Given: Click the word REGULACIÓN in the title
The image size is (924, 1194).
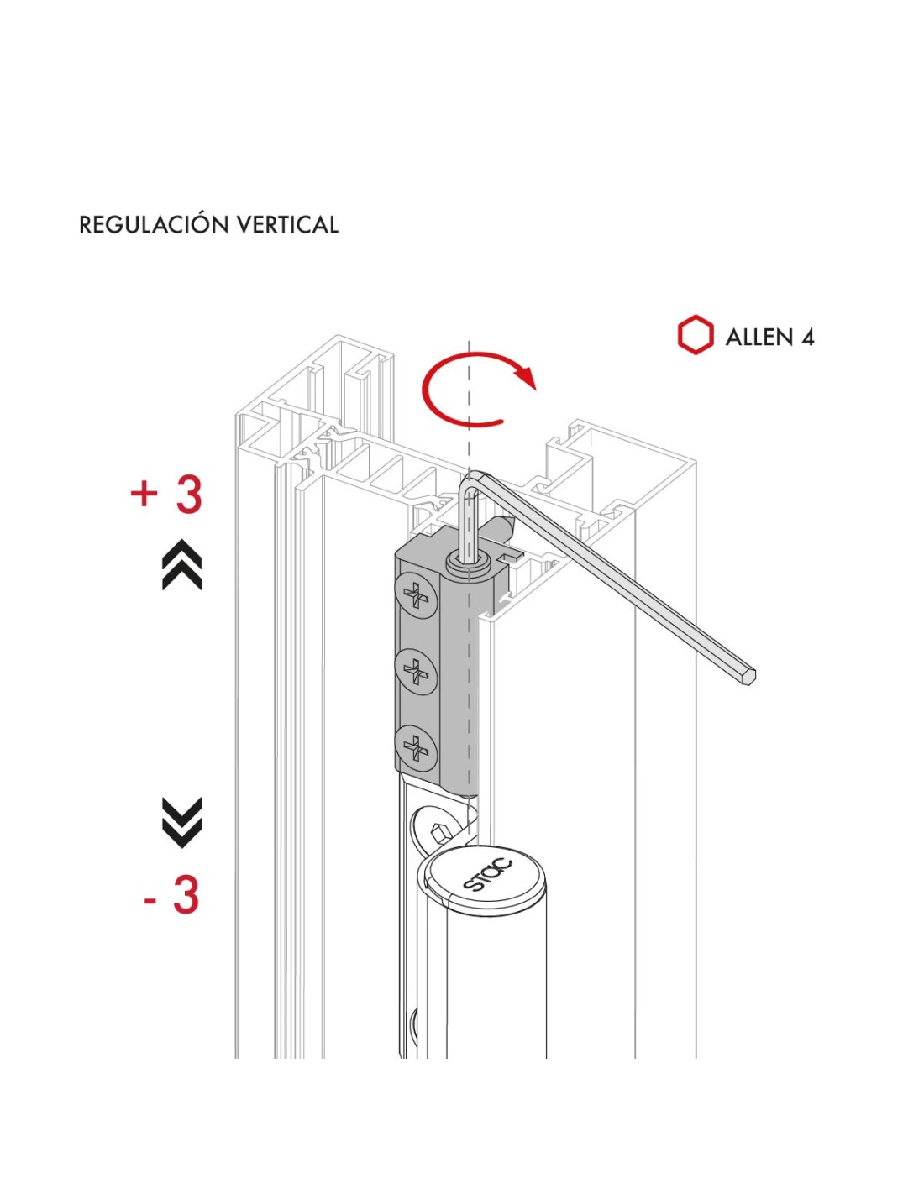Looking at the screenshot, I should click(x=154, y=225).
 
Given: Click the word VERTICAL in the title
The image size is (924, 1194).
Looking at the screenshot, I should click(x=287, y=225).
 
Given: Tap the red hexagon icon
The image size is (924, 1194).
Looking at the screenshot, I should click(x=696, y=336).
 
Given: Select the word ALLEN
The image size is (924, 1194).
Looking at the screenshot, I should click(x=759, y=338).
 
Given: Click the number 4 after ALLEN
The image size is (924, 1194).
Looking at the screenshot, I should click(x=807, y=338).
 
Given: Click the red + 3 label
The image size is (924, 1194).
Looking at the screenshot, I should click(x=167, y=494).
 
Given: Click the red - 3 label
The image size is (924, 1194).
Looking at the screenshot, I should click(x=172, y=895).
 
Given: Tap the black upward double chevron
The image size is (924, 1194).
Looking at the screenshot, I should click(x=182, y=564).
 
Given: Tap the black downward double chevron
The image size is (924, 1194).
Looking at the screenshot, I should click(x=182, y=821).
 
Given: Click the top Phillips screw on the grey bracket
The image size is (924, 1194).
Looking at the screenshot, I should click(x=416, y=595).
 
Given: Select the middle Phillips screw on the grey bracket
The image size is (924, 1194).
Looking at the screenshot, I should click(x=416, y=671).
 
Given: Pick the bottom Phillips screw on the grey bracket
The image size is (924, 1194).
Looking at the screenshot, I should click(x=416, y=746).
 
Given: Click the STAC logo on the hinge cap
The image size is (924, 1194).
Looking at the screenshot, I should click(x=488, y=874).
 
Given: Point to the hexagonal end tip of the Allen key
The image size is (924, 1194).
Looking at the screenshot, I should click(x=748, y=677).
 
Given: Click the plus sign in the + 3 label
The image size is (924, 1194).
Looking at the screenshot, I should click(x=144, y=493).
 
